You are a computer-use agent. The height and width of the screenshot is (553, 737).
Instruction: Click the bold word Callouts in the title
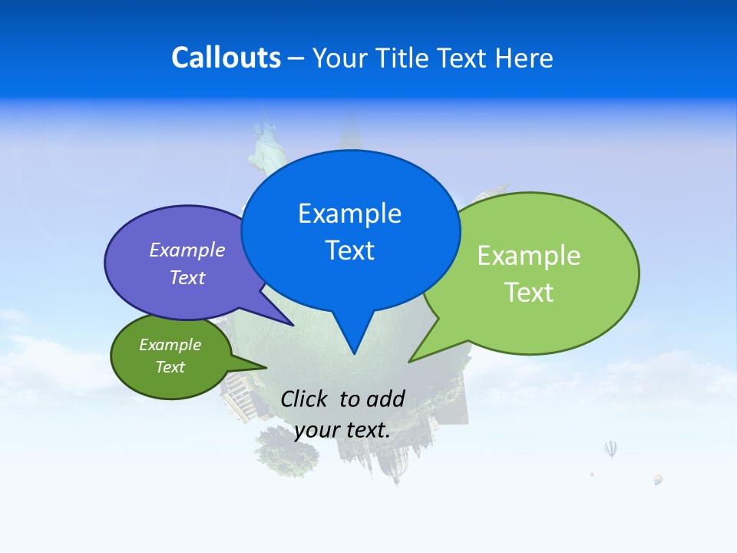[x=226, y=58]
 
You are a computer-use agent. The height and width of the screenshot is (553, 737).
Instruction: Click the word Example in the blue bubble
[x=349, y=214]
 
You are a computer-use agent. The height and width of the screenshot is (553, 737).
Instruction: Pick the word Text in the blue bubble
[x=349, y=250]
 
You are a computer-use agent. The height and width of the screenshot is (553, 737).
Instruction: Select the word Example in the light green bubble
[x=529, y=256]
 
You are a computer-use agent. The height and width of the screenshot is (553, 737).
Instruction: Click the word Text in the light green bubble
[x=529, y=293]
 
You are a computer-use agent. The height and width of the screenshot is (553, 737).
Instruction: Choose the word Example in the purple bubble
[x=187, y=250]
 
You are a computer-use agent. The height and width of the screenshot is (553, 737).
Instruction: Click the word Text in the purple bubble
[x=187, y=277]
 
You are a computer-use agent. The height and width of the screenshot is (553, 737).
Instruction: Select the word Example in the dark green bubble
[x=170, y=345]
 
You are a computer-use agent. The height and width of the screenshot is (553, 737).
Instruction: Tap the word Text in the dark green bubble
[x=170, y=367]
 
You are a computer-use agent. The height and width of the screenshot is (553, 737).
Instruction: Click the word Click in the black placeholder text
[x=305, y=399]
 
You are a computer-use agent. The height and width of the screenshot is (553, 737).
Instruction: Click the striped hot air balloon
[x=610, y=449]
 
